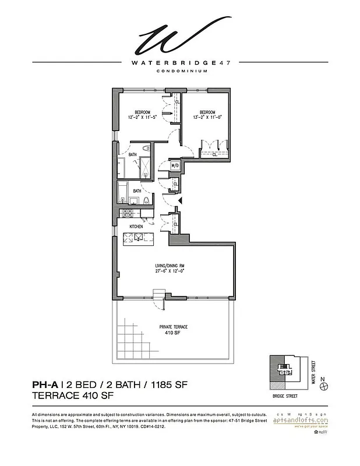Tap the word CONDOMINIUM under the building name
(179, 72)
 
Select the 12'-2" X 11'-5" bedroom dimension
(143, 117)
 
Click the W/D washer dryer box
(174, 166)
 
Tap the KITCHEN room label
(128, 226)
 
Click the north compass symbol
(329, 385)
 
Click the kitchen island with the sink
(140, 236)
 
